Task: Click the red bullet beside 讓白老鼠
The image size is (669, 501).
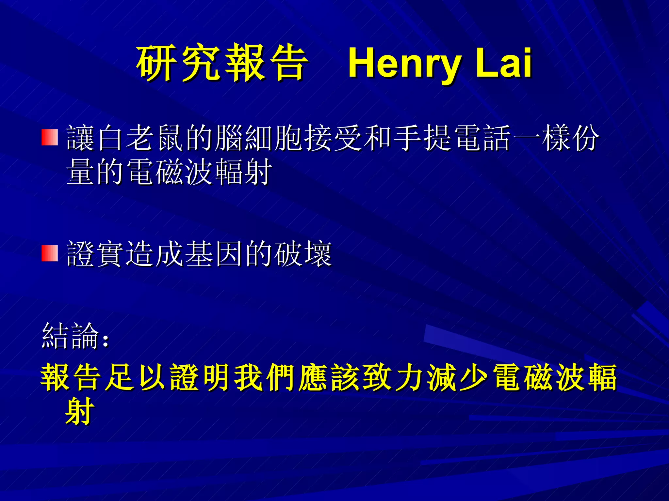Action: (50, 137)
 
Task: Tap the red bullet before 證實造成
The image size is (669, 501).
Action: (50, 253)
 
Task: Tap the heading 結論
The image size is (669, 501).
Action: (70, 336)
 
